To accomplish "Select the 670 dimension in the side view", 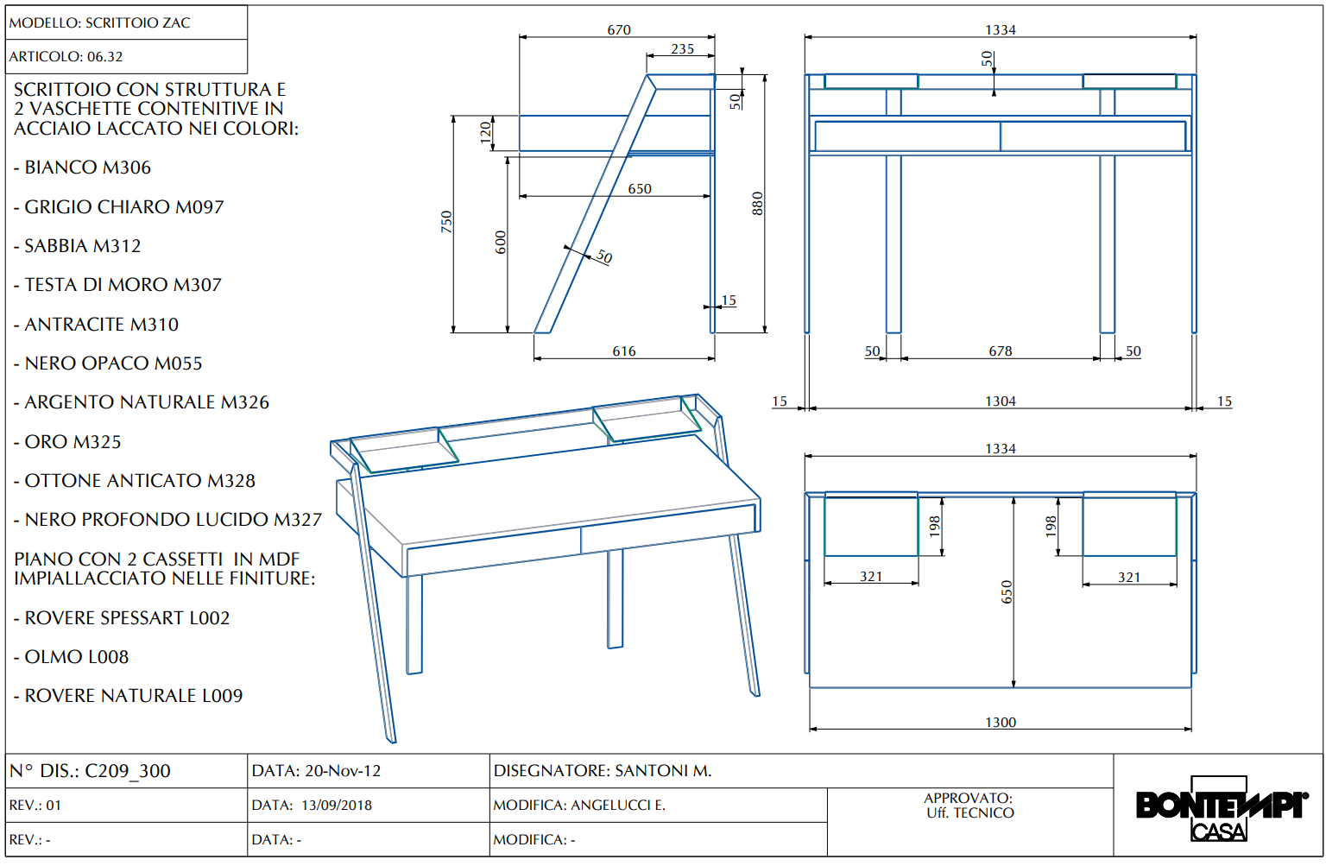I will point(619,30).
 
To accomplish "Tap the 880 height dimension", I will point(757,203).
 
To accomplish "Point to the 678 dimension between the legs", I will point(1001,351).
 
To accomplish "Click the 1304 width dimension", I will point(1001,401).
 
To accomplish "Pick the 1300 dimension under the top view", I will point(1001,723).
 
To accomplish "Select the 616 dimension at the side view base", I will point(624,351).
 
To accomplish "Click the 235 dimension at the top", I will point(683,49).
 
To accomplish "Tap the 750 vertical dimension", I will point(446,222).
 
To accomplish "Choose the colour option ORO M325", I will point(73,442).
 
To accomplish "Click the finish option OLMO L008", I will point(76,657).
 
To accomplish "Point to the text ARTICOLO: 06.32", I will point(66,57).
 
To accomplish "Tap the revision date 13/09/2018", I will point(336,806).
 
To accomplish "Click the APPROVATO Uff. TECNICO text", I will point(969,806).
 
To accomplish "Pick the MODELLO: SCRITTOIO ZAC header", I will point(99,23).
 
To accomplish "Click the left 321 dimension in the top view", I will point(871,577).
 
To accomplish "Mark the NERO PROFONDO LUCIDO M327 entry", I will point(173,520).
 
